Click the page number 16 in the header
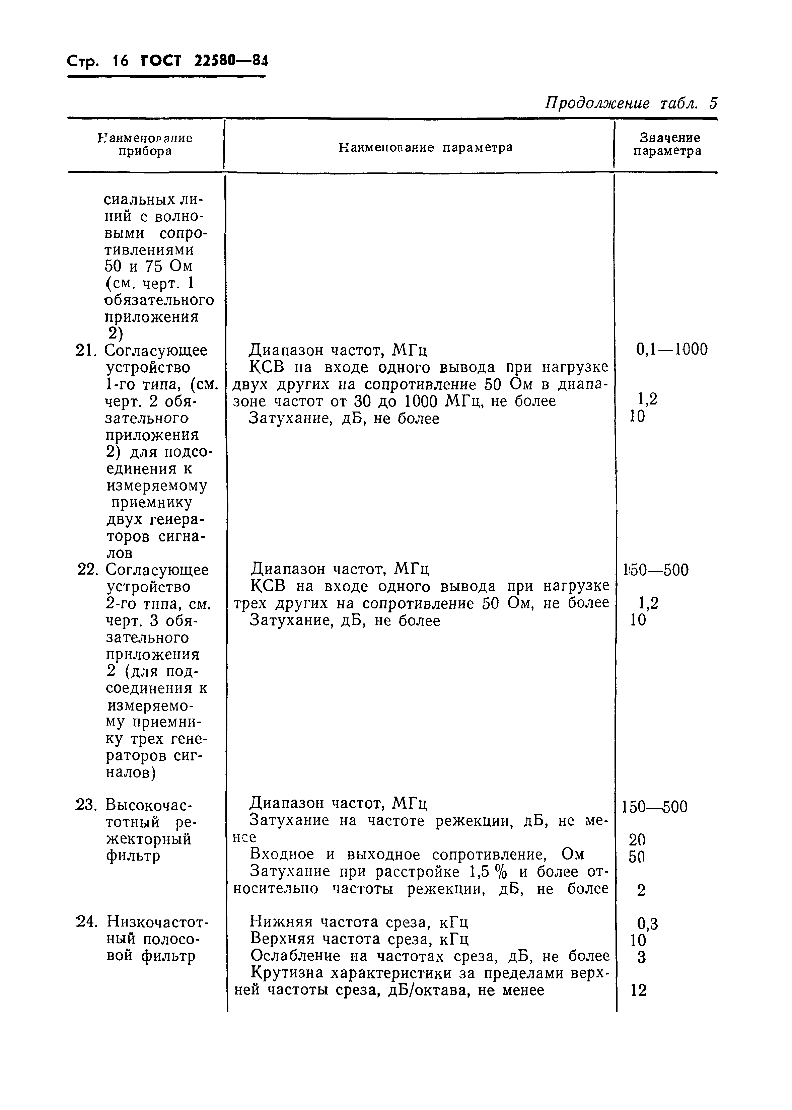point(120,61)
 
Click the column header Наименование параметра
point(425,147)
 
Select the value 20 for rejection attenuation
point(637,839)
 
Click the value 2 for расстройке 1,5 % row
point(641,891)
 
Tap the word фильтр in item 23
point(133,856)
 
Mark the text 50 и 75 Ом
point(149,266)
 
